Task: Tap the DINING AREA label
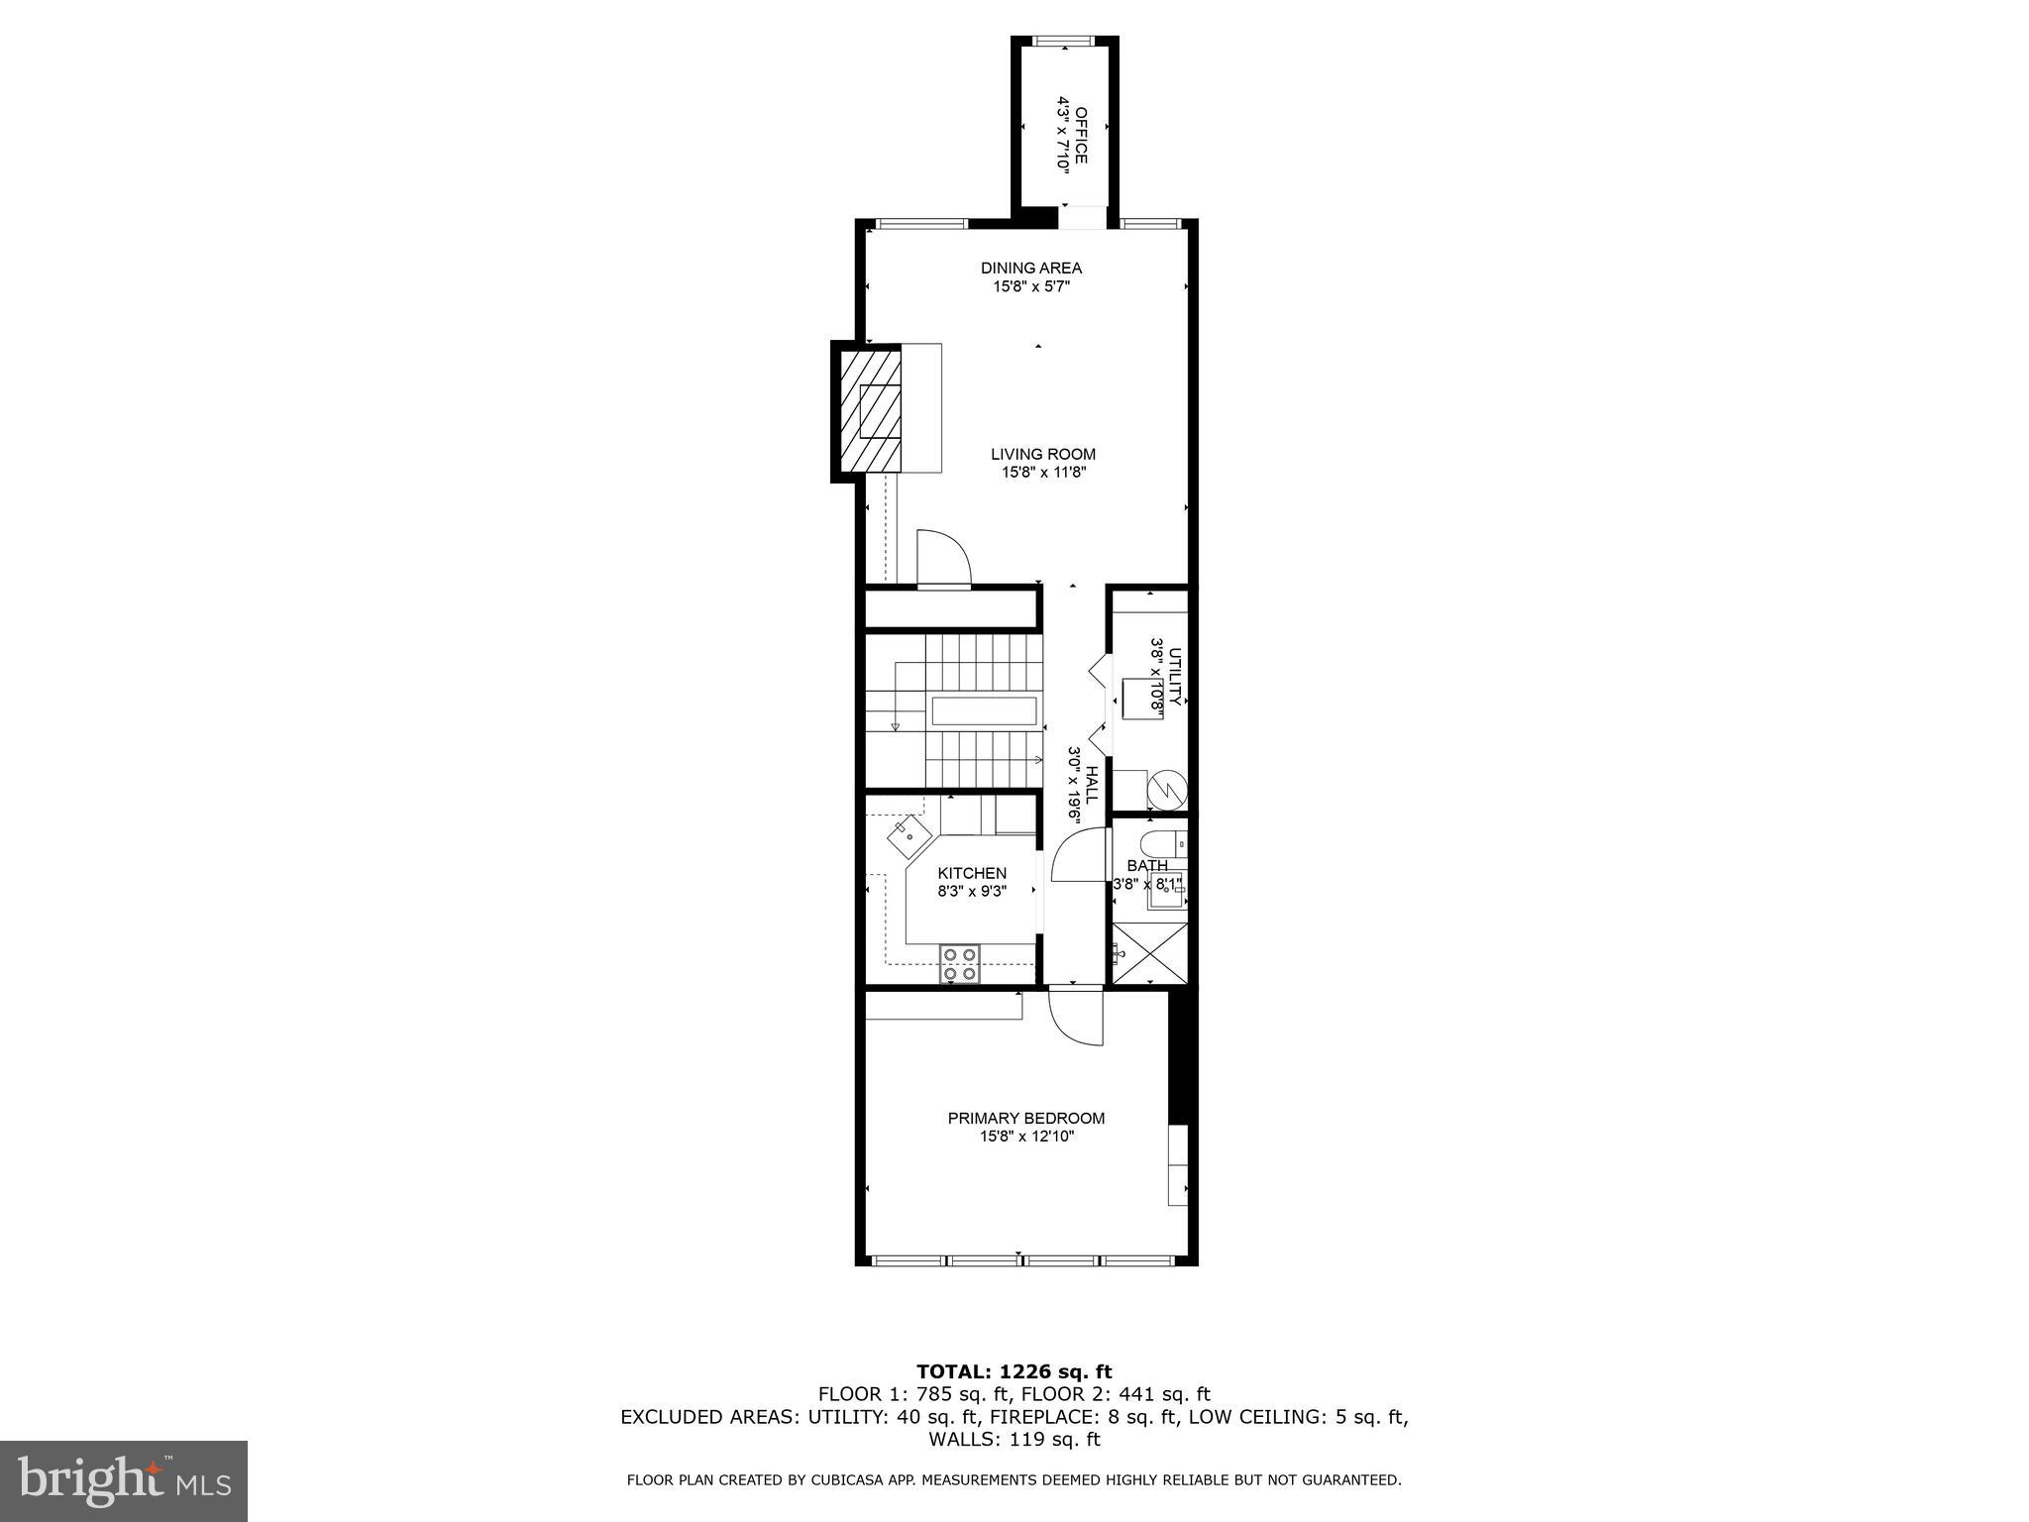pyautogui.click(x=1030, y=268)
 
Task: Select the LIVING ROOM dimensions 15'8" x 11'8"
pyautogui.click(x=1043, y=473)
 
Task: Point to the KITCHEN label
pyautogui.click(x=972, y=873)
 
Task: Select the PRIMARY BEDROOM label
pyautogui.click(x=1025, y=1118)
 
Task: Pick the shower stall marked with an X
pyautogui.click(x=1149, y=953)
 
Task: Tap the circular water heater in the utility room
pyautogui.click(x=1165, y=791)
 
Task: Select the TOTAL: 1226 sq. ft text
pyautogui.click(x=1014, y=1371)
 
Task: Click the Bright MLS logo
pyautogui.click(x=124, y=1480)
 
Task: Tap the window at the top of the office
pyautogui.click(x=1063, y=41)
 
